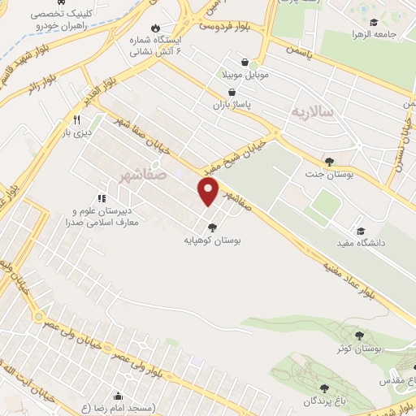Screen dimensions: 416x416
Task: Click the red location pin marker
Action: pos(209,191)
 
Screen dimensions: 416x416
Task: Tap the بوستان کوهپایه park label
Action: pos(212,240)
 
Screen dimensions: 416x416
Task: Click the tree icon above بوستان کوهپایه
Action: pos(212,228)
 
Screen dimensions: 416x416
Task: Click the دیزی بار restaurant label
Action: pos(79,132)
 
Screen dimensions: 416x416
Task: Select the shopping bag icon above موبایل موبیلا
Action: pos(245,62)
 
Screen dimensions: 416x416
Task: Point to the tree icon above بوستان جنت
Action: pos(328,161)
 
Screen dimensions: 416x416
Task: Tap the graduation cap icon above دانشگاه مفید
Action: pos(360,230)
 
